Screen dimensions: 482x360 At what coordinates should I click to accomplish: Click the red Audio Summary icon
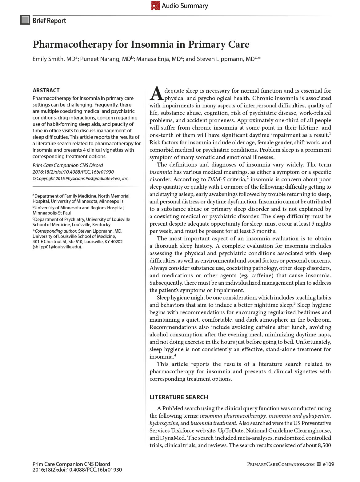point(155,6)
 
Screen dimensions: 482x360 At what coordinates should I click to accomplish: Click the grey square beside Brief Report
point(25,20)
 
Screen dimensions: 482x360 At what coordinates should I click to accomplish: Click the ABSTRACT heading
point(46,90)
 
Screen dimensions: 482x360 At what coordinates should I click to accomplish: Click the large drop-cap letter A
point(156,94)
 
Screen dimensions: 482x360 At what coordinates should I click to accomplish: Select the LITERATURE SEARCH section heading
point(179,397)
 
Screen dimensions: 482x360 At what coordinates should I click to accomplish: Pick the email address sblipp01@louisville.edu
point(57,247)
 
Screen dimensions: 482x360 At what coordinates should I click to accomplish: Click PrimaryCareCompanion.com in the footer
point(281,464)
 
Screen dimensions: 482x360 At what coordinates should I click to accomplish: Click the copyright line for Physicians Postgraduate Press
point(81,179)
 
